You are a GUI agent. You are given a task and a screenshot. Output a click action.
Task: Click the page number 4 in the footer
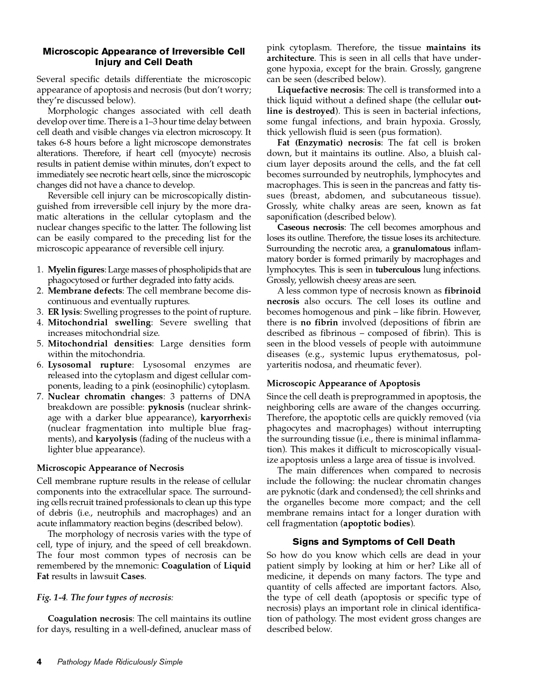pyautogui.click(x=39, y=662)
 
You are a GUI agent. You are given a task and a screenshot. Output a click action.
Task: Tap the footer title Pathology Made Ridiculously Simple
pyautogui.click(x=120, y=662)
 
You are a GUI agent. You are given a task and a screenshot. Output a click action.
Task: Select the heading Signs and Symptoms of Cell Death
pyautogui.click(x=374, y=542)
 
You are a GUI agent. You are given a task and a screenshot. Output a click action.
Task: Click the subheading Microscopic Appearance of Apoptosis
pyautogui.click(x=343, y=383)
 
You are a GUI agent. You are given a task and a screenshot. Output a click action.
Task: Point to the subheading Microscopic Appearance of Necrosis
pyautogui.click(x=110, y=468)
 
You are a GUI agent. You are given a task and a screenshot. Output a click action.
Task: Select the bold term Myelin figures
pyautogui.click(x=76, y=269)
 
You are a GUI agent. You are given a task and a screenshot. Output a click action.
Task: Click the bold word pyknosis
pyautogui.click(x=166, y=407)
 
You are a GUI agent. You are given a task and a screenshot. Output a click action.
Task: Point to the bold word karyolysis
pyautogui.click(x=116, y=439)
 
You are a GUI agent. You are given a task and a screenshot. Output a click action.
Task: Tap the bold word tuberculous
pyautogui.click(x=398, y=269)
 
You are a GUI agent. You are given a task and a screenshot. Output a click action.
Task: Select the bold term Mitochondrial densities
pyautogui.click(x=99, y=344)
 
